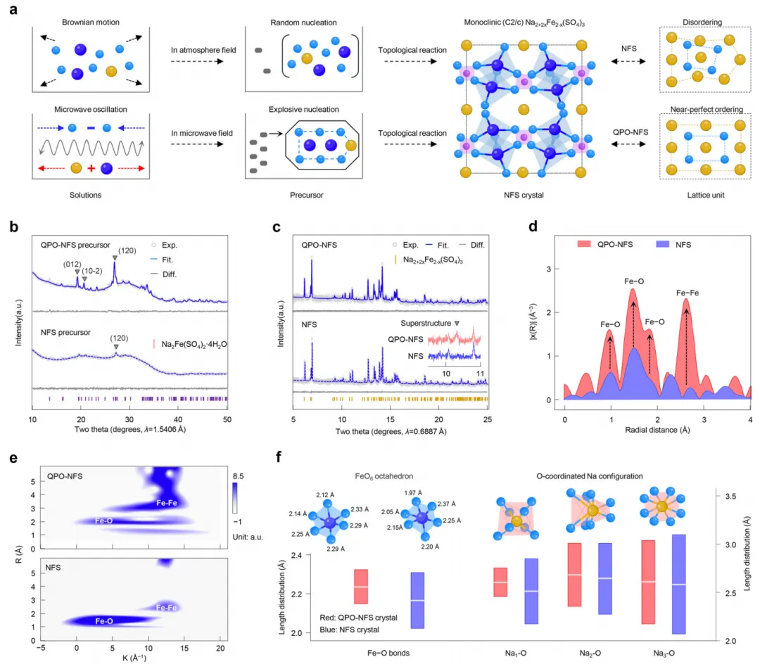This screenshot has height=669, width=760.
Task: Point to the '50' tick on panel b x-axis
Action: [227, 419]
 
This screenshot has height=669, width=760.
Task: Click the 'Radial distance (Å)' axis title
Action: [657, 430]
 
